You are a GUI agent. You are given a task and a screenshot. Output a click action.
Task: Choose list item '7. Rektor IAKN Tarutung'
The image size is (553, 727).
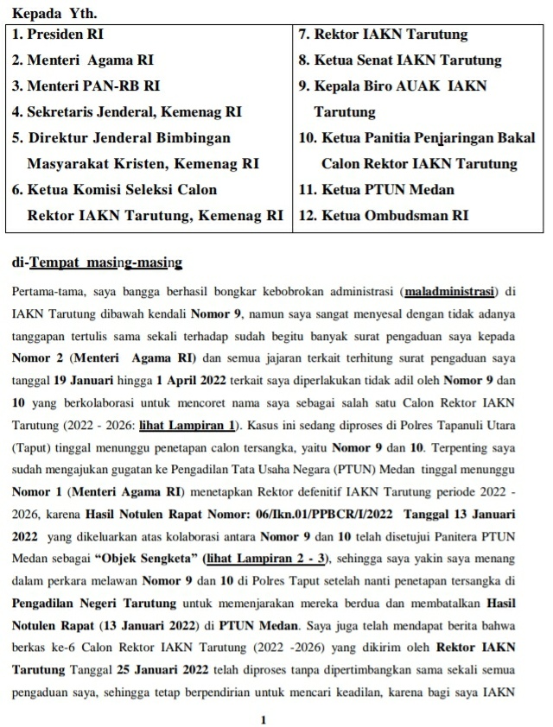(383, 35)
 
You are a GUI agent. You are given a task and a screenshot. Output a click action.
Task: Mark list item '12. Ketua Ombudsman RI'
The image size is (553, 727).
(383, 215)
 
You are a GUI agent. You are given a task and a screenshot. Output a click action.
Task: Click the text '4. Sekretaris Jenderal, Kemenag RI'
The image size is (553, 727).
(127, 112)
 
